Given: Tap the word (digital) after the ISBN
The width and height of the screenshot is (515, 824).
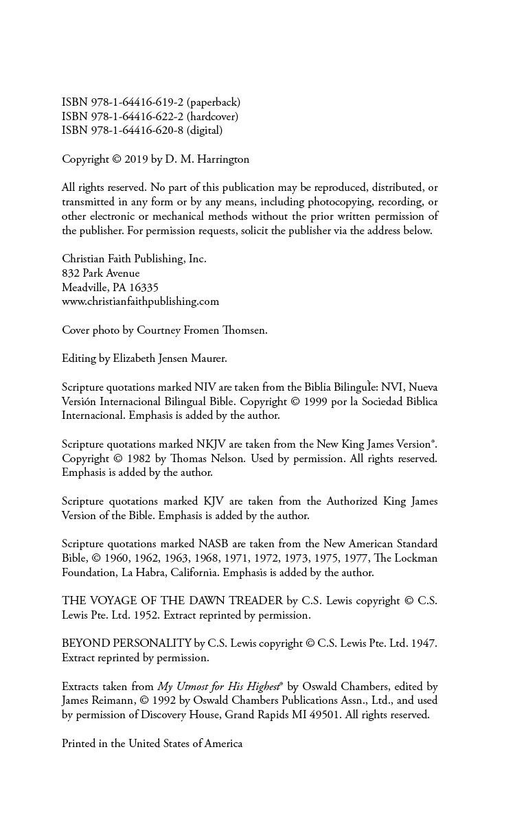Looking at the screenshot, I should coord(204,130).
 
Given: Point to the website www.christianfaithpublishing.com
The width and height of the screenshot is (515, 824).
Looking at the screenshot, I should coord(140,301).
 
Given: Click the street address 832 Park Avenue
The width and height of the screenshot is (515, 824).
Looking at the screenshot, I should coord(100,273).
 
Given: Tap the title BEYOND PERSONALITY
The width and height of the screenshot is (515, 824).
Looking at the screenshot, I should coord(126,643).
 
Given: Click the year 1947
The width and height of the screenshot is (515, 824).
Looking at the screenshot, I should coord(423,643).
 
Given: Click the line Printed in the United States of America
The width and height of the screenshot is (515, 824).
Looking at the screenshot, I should coord(152,744).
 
